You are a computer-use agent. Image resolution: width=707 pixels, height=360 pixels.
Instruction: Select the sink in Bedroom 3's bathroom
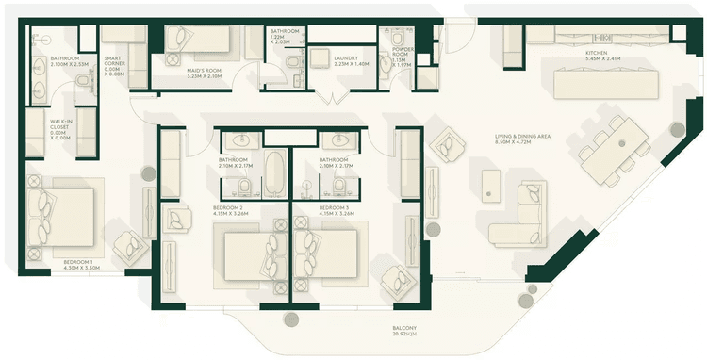337,141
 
